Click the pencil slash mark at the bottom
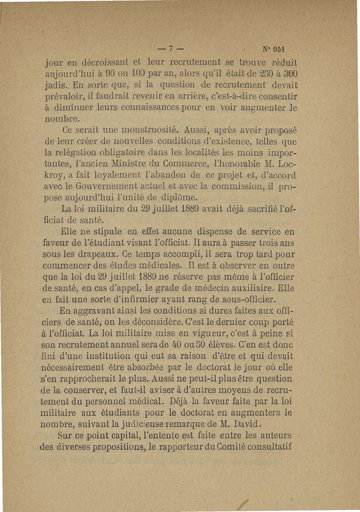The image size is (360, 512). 245,500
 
